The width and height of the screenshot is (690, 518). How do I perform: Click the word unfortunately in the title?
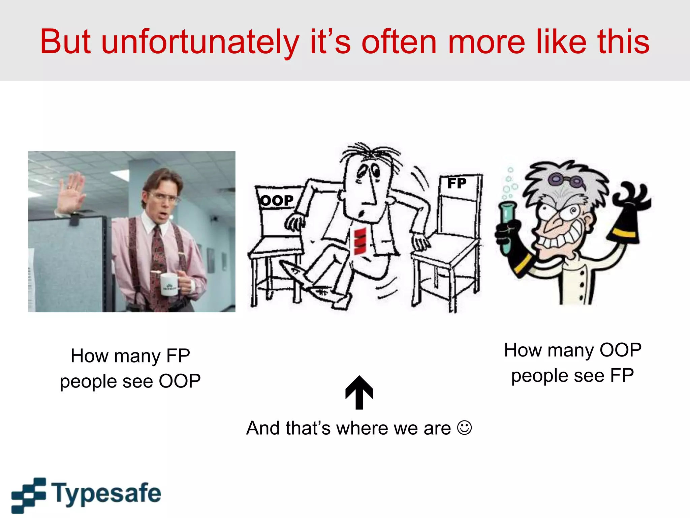(200, 42)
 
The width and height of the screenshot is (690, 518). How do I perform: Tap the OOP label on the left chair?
(277, 201)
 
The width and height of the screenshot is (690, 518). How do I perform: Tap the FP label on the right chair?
(457, 183)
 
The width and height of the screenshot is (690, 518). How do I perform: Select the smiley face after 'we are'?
(464, 428)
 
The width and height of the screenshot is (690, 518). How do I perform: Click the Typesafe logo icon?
(29, 495)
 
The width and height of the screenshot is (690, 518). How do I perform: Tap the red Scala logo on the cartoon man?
(360, 241)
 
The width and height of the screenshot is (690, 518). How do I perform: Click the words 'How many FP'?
(130, 356)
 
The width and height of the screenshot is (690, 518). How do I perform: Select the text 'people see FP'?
(572, 375)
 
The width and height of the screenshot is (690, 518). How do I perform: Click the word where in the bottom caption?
(363, 428)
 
